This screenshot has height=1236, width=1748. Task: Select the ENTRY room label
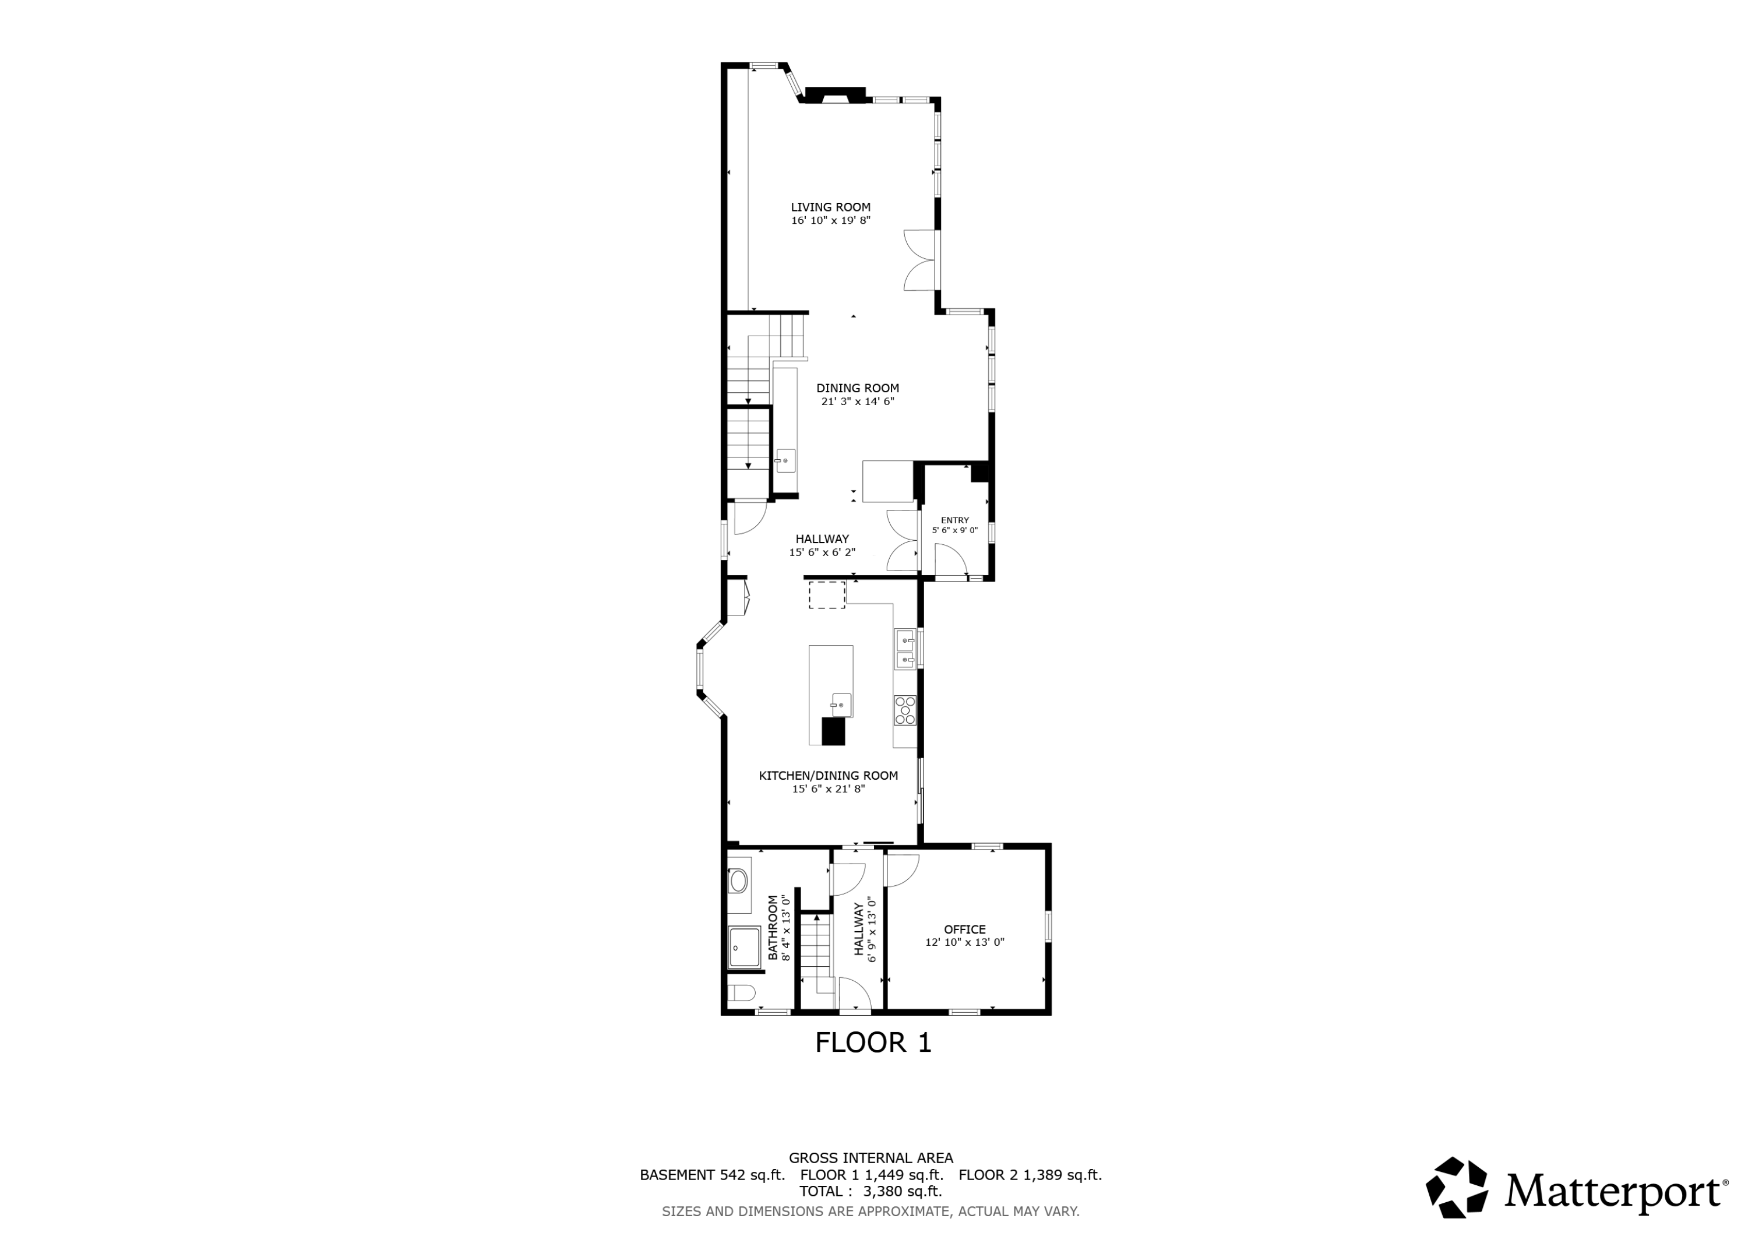[x=955, y=520]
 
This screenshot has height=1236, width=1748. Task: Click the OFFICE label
[x=964, y=929]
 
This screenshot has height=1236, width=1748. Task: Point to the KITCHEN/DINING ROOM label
[x=829, y=775]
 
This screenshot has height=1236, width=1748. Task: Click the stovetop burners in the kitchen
[x=905, y=710]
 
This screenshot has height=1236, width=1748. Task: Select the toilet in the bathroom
[x=741, y=992]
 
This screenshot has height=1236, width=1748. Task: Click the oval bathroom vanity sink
[x=738, y=882]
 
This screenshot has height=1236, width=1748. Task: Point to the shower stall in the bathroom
[x=744, y=948]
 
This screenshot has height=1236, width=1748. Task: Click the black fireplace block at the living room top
[x=835, y=94]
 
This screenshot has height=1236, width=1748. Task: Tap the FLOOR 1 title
[x=873, y=1043]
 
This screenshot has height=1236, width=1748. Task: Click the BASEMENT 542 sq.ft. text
[x=712, y=1174]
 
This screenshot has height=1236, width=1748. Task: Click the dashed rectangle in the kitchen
[x=827, y=595]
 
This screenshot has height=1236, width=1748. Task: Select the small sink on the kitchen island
[x=841, y=705]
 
